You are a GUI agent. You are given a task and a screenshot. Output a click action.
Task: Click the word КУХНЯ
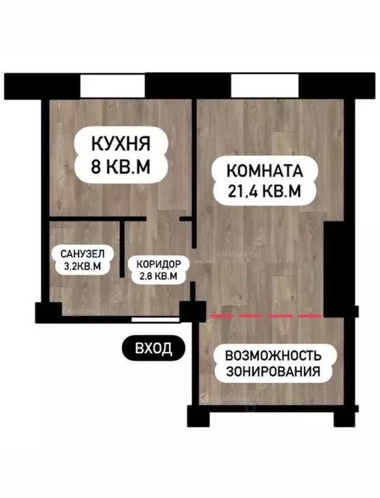[120, 142]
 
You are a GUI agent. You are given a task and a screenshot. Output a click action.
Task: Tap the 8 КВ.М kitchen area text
[120, 167]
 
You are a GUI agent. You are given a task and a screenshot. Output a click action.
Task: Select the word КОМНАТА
[264, 171]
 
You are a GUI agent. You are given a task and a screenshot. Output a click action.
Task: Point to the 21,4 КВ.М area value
[264, 193]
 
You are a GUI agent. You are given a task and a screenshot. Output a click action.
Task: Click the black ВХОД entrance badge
[153, 348]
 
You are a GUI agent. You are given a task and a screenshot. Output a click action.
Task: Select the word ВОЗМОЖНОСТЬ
[273, 356]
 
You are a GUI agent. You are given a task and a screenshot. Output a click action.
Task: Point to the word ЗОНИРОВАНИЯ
[273, 372]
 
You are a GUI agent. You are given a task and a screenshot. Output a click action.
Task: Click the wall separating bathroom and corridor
[123, 250]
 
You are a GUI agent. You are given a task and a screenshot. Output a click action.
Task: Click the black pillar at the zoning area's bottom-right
[345, 415]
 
